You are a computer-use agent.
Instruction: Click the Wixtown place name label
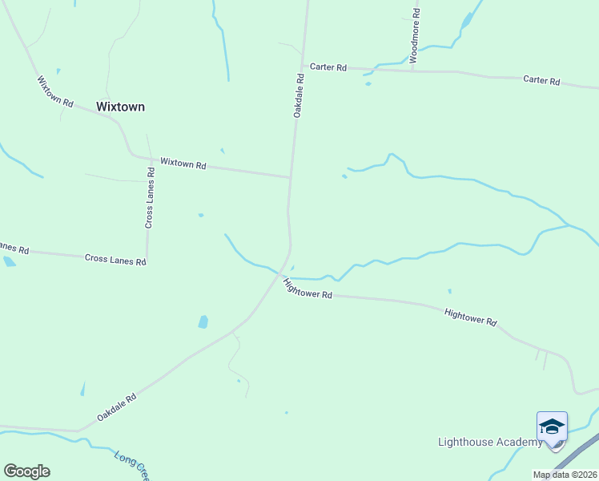120,107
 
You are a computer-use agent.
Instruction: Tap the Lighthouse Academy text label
489,443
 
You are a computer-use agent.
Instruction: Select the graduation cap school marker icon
552,426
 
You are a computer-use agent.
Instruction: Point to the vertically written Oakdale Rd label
298,96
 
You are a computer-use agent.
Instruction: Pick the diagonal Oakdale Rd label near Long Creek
117,407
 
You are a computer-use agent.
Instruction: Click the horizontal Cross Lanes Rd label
115,261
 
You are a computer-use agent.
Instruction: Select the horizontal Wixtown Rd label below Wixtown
183,164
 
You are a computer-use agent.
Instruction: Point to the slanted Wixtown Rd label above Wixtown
55,92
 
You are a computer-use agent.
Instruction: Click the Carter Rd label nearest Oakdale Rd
328,68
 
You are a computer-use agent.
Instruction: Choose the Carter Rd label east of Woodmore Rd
541,80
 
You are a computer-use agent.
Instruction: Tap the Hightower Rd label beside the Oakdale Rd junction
308,289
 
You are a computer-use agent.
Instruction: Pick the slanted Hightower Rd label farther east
470,317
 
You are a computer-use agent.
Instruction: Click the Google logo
26,471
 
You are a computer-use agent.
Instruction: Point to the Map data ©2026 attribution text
565,475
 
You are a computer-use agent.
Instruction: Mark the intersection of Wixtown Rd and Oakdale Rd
290,177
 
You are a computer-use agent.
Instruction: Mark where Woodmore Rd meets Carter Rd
413,71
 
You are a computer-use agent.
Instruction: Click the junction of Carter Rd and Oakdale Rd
303,67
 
